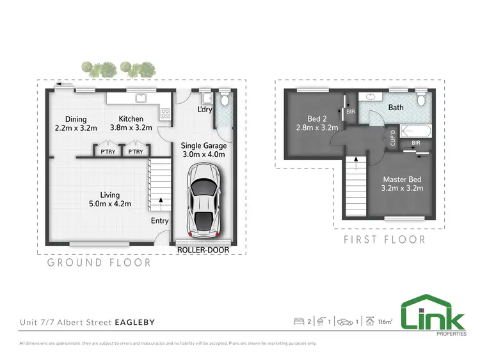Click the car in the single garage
[x=204, y=200]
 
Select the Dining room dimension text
[x=76, y=127]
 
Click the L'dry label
[x=205, y=110]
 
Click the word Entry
[x=159, y=221]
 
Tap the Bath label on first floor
[x=396, y=108]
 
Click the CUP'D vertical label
[x=392, y=138]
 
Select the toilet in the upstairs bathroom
[x=420, y=99]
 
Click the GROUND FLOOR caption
[x=99, y=263]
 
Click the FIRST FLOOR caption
[x=384, y=240]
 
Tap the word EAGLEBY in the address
[x=134, y=322]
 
